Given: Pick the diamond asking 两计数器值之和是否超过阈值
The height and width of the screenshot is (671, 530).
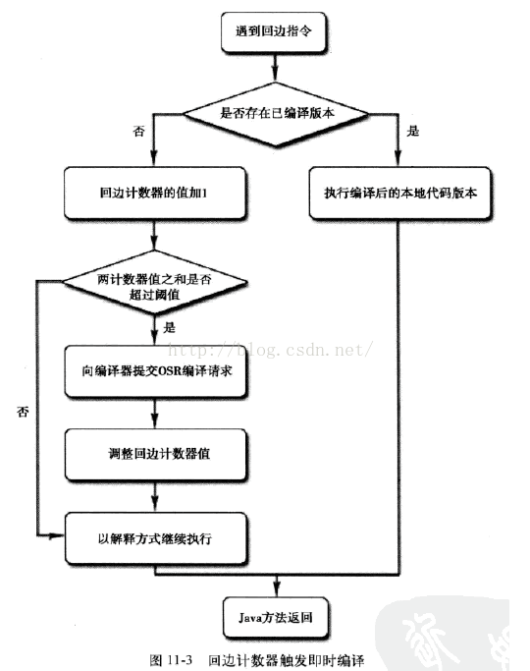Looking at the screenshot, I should [x=154, y=286].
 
